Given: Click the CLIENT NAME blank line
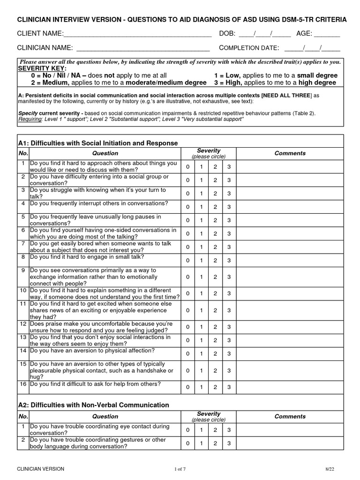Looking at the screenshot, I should pyautogui.click(x=137, y=35).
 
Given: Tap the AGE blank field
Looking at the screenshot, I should pyautogui.click(x=327, y=35).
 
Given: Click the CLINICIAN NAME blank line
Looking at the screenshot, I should pyautogui.click(x=142, y=48).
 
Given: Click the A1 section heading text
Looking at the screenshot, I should pyautogui.click(x=98, y=143).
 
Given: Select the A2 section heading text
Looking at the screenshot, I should pyautogui.click(x=93, y=405).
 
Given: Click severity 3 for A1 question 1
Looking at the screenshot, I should pyautogui.click(x=229, y=167).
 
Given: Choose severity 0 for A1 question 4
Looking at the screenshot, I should pyautogui.click(x=187, y=207).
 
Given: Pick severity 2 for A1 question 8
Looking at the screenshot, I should pyautogui.click(x=215, y=260).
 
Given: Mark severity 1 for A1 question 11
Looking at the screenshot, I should pyautogui.click(x=201, y=310).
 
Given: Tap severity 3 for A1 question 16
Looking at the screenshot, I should pyautogui.click(x=229, y=387).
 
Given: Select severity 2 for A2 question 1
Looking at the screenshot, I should pyautogui.click(x=215, y=430).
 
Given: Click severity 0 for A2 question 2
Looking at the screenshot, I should pyautogui.click(x=187, y=443).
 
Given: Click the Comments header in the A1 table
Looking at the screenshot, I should pyautogui.click(x=290, y=153).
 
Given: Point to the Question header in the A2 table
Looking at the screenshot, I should pyautogui.click(x=105, y=416).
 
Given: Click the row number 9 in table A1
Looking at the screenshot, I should pyautogui.click(x=23, y=270).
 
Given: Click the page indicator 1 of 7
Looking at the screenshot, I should pyautogui.click(x=180, y=469).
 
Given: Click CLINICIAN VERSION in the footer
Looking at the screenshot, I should pyautogui.click(x=41, y=469).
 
